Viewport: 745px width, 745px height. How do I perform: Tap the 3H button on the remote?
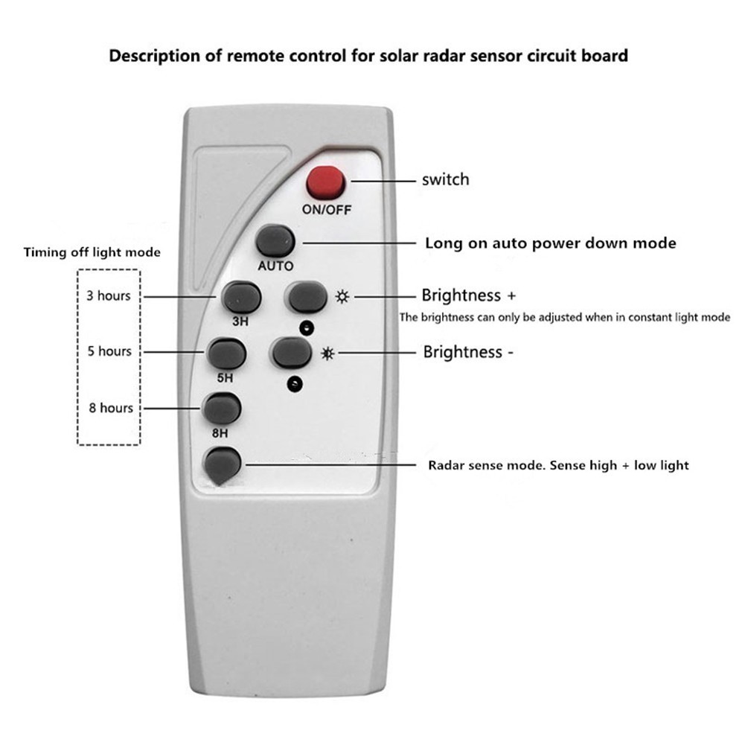(x=242, y=297)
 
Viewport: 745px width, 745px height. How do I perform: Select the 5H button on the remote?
(x=227, y=354)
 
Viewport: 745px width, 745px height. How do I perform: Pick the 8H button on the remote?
(x=223, y=408)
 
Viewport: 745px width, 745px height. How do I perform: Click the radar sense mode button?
(x=223, y=465)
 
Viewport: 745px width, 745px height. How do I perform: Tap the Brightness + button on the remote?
(x=307, y=297)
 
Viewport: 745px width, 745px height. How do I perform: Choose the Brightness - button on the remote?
(x=292, y=352)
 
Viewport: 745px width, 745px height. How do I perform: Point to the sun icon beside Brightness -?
(x=327, y=353)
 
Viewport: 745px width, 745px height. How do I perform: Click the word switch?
(x=445, y=179)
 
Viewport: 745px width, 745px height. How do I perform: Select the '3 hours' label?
(x=108, y=295)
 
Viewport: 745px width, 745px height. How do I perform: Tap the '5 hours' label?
(x=109, y=351)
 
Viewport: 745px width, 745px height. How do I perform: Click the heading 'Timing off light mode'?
(x=92, y=252)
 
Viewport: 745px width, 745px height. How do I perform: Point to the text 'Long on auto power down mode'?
(x=550, y=243)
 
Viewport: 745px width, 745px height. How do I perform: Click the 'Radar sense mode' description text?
(x=558, y=465)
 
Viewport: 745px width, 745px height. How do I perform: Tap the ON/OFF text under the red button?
(x=326, y=210)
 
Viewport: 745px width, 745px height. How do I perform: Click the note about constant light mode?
(x=565, y=317)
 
